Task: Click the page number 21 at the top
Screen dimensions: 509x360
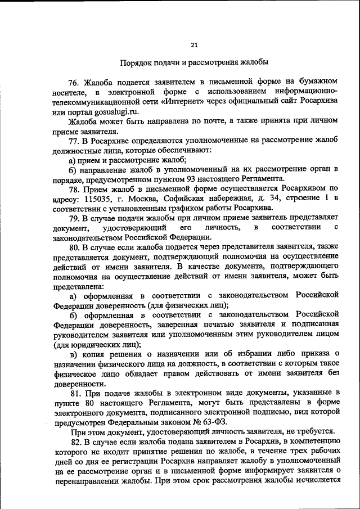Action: [x=194, y=45]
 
